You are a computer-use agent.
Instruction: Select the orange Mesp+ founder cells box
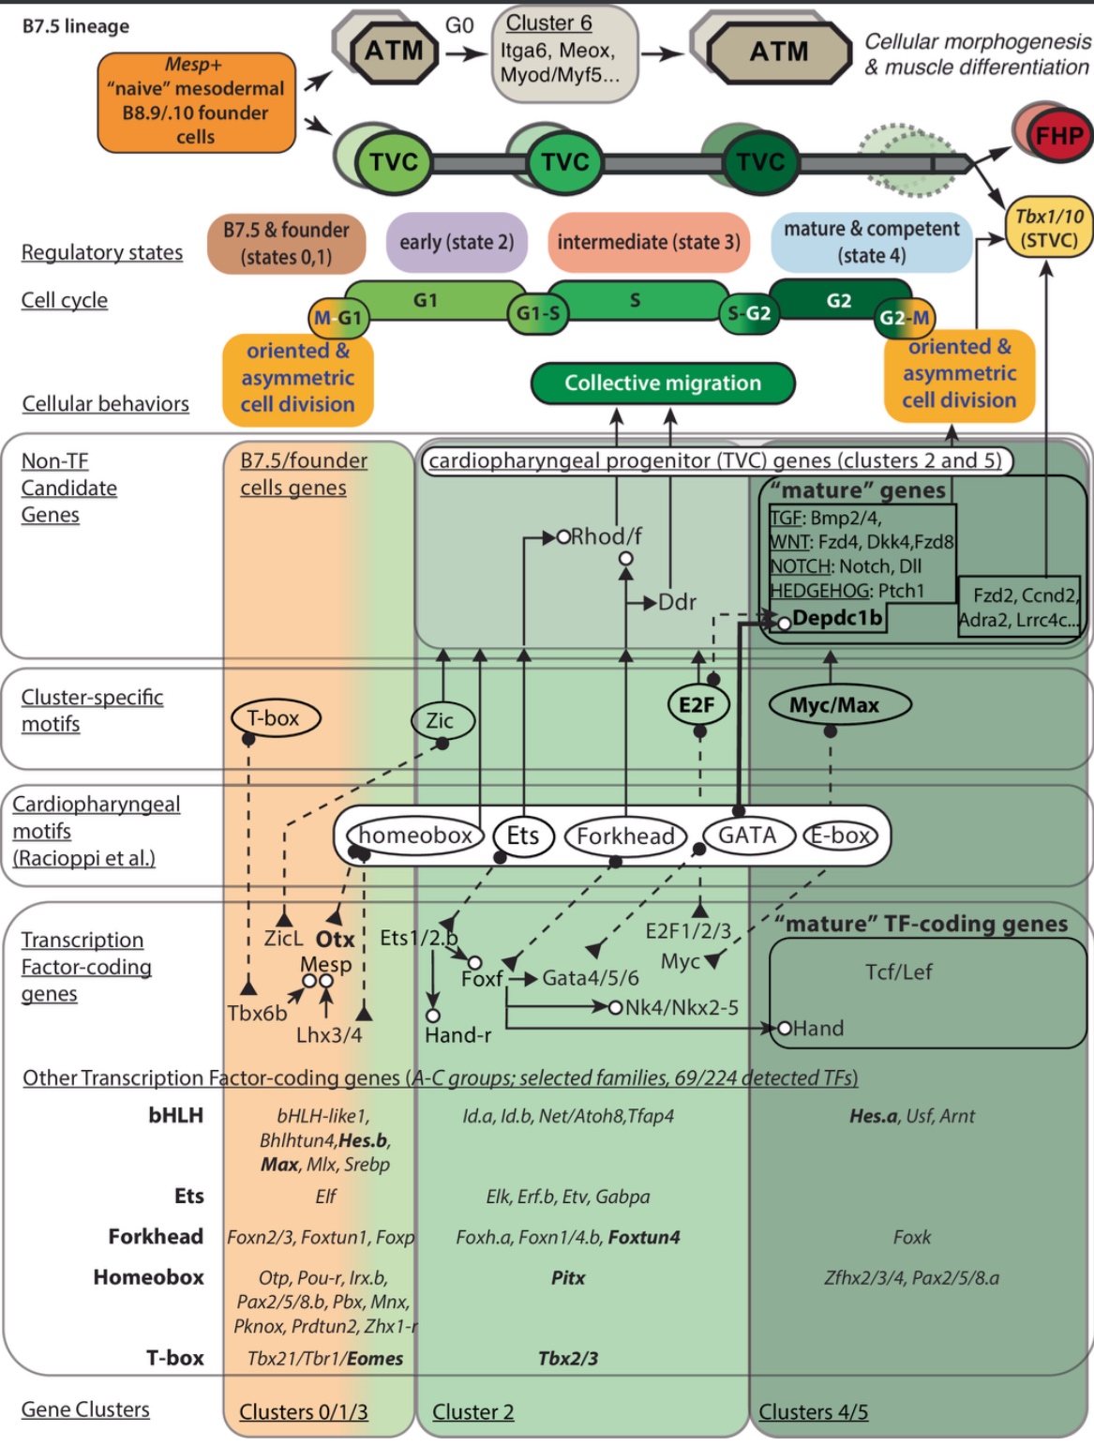tap(196, 101)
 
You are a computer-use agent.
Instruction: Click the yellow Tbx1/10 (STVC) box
tap(1048, 228)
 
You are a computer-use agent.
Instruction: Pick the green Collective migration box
tap(663, 383)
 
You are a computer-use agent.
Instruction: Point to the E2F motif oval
tap(697, 704)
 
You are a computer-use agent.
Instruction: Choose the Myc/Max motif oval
tap(834, 704)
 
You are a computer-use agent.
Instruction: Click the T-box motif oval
tap(274, 718)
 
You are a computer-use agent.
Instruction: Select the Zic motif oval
tap(441, 720)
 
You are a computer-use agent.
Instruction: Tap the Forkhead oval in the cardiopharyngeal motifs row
tap(625, 836)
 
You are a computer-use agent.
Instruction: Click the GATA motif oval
tap(747, 835)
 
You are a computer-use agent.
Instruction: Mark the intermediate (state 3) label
tap(649, 242)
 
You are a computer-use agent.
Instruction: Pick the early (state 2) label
tap(457, 242)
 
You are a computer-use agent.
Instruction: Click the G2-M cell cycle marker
tap(904, 318)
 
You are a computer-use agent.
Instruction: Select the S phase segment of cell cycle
tap(636, 300)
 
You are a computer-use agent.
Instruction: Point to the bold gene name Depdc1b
tap(837, 618)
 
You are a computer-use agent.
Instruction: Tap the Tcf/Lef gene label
tap(898, 972)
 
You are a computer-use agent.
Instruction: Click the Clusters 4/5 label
tap(813, 1411)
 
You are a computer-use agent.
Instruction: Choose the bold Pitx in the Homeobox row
tap(568, 1277)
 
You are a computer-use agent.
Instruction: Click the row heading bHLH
tap(175, 1115)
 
